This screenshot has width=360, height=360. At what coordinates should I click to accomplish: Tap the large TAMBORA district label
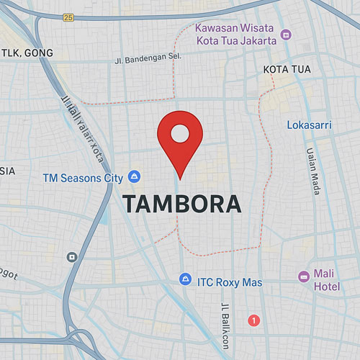tap(181, 204)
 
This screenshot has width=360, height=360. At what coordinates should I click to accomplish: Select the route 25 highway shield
tap(68, 17)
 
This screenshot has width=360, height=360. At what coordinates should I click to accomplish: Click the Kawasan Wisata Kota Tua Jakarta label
tap(235, 34)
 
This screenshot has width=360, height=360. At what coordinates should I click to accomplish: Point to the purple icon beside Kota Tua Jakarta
tap(286, 34)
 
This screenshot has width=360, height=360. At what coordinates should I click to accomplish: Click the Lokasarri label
tap(309, 125)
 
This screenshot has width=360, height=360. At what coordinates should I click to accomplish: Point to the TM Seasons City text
tap(83, 176)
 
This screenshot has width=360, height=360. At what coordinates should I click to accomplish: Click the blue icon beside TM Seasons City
tap(134, 176)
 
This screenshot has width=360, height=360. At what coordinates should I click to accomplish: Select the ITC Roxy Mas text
tap(230, 282)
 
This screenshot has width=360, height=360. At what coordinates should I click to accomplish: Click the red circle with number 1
tap(253, 319)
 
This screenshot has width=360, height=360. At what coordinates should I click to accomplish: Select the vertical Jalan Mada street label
tap(312, 171)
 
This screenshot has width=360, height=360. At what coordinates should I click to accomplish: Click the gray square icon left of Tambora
tap(71, 256)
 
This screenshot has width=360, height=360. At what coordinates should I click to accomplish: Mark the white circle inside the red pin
tap(180, 132)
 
